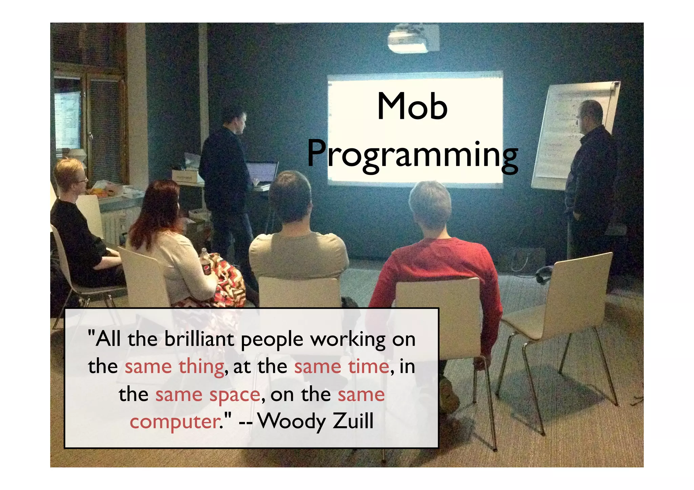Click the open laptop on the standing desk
[262, 173]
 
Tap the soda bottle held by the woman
[205, 262]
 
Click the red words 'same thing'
[174, 367]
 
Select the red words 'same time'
[341, 367]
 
